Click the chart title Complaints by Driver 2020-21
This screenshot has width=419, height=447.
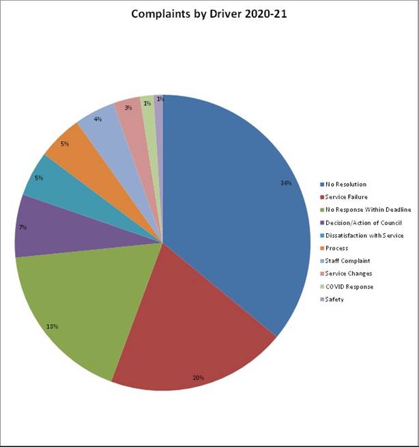[209, 14]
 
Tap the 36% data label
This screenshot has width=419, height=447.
[286, 182]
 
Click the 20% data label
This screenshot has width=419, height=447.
[198, 377]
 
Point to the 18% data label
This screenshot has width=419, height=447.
[53, 326]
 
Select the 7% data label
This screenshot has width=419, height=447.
[23, 227]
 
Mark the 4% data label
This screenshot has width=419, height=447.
[98, 119]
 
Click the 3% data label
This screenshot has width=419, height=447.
[128, 108]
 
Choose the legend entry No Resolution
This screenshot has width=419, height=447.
[345, 184]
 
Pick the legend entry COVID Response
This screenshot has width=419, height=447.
[349, 286]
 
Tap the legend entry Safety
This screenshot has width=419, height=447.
[334, 299]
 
